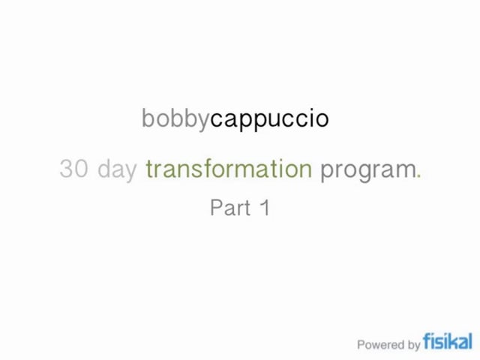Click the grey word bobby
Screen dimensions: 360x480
175,118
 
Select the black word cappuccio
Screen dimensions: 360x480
269,119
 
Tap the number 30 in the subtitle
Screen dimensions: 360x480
73,169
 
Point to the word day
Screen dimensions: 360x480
118,169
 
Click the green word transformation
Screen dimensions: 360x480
229,169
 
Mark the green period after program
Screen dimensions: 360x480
419,175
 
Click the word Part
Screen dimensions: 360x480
229,208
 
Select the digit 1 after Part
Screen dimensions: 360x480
264,208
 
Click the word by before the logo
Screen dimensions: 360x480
413,346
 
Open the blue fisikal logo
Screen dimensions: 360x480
448,341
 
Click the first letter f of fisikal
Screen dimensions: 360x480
427,341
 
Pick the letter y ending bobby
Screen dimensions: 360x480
203,121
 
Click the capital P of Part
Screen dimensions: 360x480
216,208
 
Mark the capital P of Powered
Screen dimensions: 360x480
361,345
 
